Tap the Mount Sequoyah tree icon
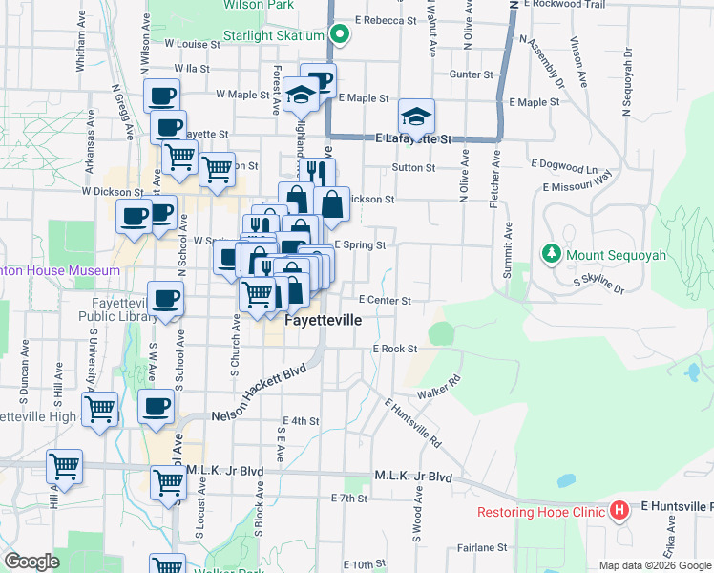coord(551,254)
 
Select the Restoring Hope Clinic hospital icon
coord(618,511)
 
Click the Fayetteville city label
coord(325,321)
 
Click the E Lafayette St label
coord(412,139)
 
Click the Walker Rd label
coord(439,387)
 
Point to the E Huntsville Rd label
coord(413,425)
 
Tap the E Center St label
coord(385,301)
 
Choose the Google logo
coord(32,562)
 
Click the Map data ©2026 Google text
coord(654,565)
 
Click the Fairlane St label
coord(481,547)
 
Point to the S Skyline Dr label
coord(598,283)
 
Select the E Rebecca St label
coord(386,19)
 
